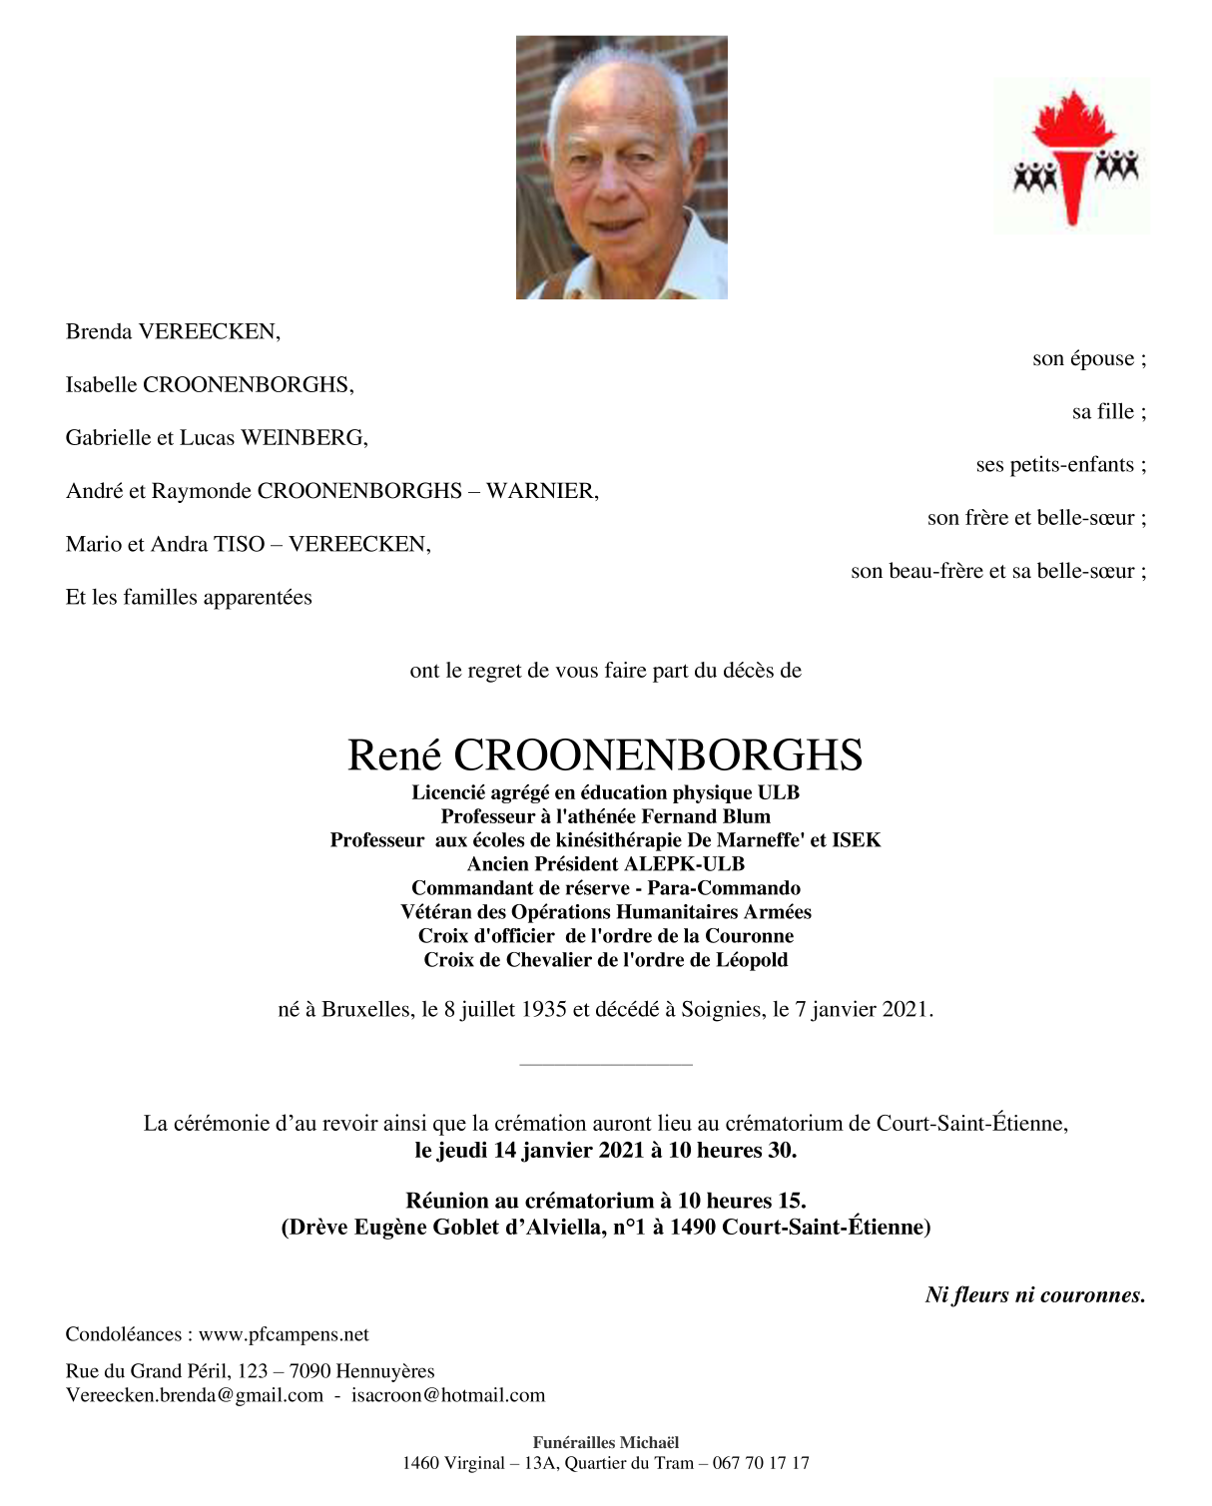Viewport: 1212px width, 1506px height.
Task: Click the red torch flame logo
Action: click(1073, 156)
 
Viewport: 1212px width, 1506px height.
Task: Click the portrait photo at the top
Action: click(621, 168)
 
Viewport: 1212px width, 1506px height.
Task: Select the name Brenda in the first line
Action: click(99, 331)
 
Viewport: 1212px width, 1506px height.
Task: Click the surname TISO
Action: click(240, 544)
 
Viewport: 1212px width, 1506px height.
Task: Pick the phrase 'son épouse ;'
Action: click(1089, 358)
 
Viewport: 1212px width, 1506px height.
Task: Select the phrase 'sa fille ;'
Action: click(1109, 411)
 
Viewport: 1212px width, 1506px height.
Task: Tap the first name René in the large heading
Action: click(394, 755)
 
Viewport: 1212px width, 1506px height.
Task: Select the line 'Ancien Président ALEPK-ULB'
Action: click(606, 864)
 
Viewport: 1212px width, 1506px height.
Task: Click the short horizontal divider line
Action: click(606, 1065)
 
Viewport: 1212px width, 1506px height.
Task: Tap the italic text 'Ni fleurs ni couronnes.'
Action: click(1035, 1295)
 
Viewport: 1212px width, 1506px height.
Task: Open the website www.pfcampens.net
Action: click(284, 1334)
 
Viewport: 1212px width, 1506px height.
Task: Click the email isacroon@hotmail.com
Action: click(448, 1395)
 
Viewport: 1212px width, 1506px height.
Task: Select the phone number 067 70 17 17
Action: click(761, 1463)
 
